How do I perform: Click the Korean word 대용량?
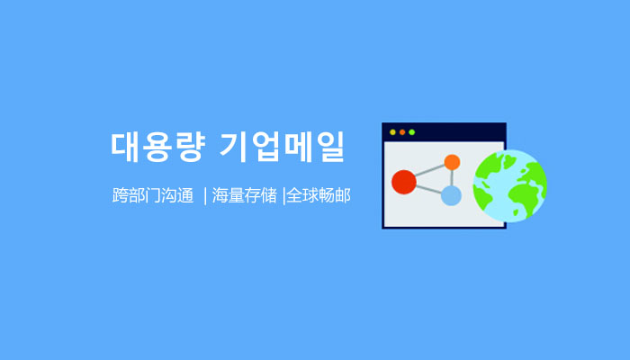pos(157,147)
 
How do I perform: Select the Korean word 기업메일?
pos(283,147)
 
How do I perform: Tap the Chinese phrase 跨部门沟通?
pos(153,195)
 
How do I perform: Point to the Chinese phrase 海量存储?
pos(244,195)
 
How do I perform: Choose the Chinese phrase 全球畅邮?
pos(319,195)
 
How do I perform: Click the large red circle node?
pos(404,182)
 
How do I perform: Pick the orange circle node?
pos(452,162)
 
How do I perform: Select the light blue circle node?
pos(451,195)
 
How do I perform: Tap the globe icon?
pos(510,185)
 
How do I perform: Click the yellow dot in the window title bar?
pos(392,132)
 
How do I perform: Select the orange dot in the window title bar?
pos(402,132)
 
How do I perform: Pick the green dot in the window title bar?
pos(412,132)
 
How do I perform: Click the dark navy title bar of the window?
pos(444,132)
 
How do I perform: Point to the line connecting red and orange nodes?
pos(429,170)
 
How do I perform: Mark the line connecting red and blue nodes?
pos(428,189)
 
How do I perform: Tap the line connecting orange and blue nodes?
pos(452,178)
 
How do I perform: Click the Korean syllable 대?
pos(125,147)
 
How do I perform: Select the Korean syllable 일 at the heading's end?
pos(330,147)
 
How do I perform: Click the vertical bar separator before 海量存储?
pos(205,196)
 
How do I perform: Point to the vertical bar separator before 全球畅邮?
pos(284,196)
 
